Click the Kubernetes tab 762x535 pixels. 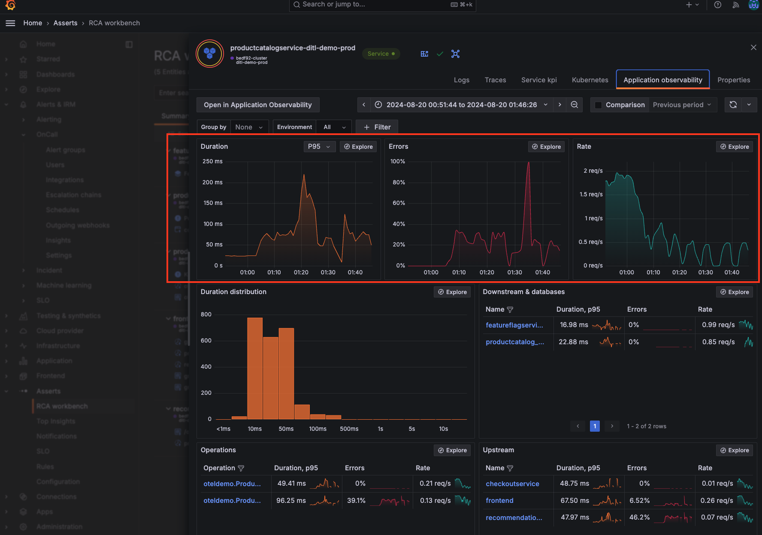pos(590,80)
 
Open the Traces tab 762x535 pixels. pos(495,80)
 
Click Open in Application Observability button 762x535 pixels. pos(257,105)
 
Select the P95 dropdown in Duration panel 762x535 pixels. pos(319,147)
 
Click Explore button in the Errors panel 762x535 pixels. pos(546,147)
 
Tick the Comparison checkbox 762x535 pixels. pos(598,105)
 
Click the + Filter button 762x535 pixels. pos(377,127)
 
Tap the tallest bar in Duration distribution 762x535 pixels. pos(255,369)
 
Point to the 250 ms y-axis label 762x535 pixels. pos(212,162)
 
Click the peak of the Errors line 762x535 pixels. pos(529,162)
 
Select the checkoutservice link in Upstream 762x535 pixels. pos(512,484)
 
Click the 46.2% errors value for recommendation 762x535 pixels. pos(639,517)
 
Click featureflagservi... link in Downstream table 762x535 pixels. pos(514,325)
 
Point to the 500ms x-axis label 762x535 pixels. pos(349,429)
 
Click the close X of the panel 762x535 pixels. pos(753,48)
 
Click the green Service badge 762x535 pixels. pos(381,54)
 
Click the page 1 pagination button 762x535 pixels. pos(595,426)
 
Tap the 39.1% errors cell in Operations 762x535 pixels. pos(356,501)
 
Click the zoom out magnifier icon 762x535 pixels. pos(574,105)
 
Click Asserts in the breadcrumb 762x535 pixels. pos(65,23)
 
